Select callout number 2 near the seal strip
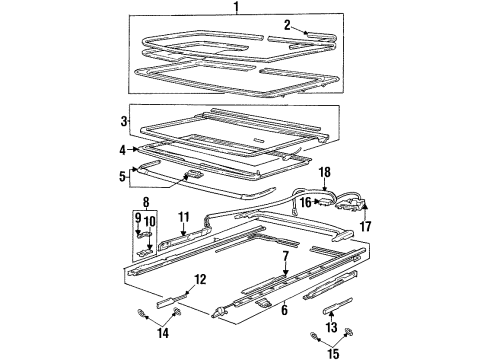tap(286, 25)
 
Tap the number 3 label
tap(124, 121)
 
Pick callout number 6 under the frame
tap(285, 310)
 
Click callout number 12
tap(200, 279)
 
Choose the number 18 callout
tap(324, 173)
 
